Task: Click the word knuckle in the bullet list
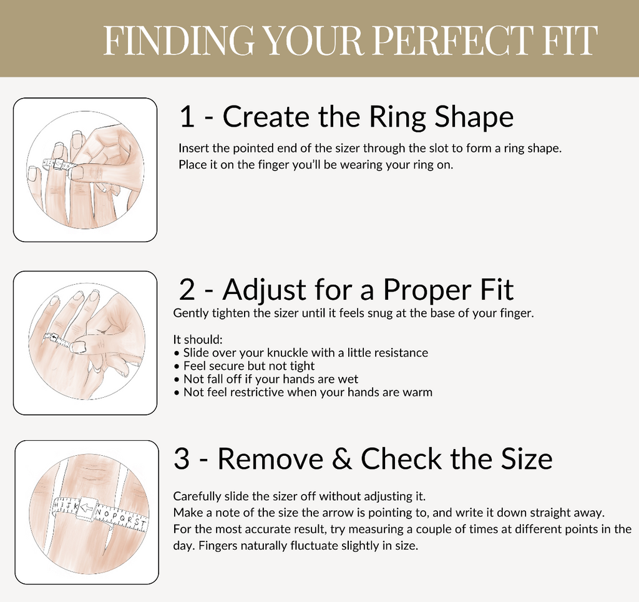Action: pyautogui.click(x=293, y=353)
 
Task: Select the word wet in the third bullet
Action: pyautogui.click(x=349, y=379)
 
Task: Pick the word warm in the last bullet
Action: pyautogui.click(x=419, y=392)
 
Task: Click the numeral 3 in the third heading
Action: pyautogui.click(x=182, y=460)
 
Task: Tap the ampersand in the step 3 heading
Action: pyautogui.click(x=341, y=460)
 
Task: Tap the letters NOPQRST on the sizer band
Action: pyautogui.click(x=122, y=516)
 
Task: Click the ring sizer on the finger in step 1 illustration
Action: pyautogui.click(x=57, y=165)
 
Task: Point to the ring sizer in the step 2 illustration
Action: pyautogui.click(x=56, y=340)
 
